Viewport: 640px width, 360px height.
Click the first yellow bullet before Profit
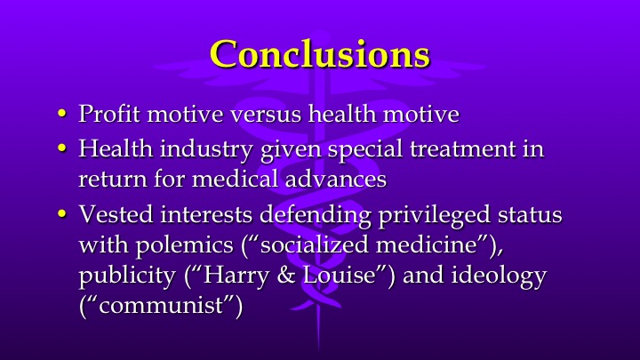[62, 115]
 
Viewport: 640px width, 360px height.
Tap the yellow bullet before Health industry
[62, 148]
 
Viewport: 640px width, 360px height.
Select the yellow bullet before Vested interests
[62, 216]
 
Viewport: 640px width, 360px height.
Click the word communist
[161, 307]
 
